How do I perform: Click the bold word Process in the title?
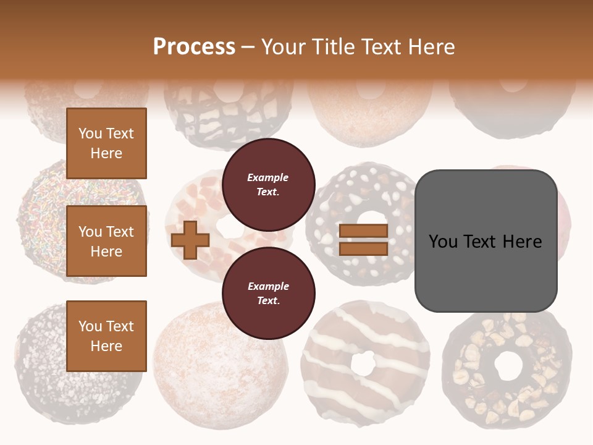[x=194, y=47]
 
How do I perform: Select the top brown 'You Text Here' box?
[x=106, y=143]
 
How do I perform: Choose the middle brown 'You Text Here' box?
[x=106, y=241]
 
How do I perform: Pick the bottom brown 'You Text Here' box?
[x=106, y=336]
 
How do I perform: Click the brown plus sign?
[x=190, y=240]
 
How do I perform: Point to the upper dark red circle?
[x=269, y=185]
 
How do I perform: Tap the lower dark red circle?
[x=269, y=294]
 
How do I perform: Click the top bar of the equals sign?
[x=363, y=231]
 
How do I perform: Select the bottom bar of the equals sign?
[x=363, y=248]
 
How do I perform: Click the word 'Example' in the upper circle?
[x=268, y=177]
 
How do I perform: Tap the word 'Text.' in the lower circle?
[x=268, y=300]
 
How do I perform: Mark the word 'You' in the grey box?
[x=444, y=241]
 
